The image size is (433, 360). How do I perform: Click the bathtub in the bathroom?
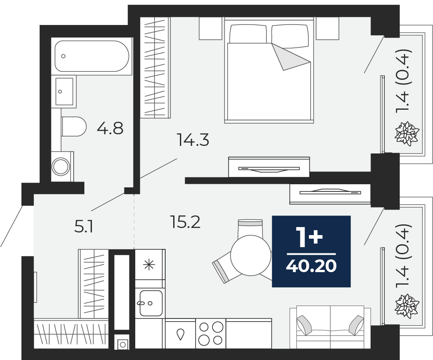click(92, 56)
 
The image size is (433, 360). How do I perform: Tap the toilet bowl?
click(74, 127)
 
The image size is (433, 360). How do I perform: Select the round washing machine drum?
click(61, 166)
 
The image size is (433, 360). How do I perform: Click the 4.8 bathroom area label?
click(110, 128)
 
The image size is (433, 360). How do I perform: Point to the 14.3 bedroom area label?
click(193, 140)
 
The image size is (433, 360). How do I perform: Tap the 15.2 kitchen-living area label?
click(185, 222)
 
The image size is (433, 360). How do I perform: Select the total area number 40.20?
click(311, 266)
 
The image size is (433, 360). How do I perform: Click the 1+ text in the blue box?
click(309, 236)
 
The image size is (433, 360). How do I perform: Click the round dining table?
click(251, 255)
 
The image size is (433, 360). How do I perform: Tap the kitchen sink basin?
click(151, 303)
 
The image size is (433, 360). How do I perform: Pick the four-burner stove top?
click(211, 333)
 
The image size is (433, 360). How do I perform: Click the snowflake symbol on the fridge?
click(149, 265)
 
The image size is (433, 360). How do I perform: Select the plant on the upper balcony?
click(407, 134)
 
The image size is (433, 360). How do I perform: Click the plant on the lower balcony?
click(407, 306)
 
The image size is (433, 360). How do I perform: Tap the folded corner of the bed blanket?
click(290, 57)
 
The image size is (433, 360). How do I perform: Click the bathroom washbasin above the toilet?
click(64, 91)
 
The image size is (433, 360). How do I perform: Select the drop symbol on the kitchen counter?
click(180, 334)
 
